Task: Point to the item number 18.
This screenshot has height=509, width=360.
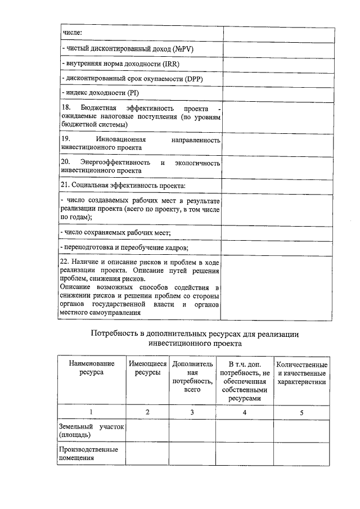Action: (65, 108)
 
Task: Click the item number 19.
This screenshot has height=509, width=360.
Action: (65, 139)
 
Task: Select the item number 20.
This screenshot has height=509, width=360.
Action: (65, 163)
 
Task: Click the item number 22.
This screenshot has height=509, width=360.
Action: (65, 263)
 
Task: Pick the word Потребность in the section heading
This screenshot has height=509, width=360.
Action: (117, 334)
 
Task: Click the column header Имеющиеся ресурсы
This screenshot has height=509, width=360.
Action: (147, 369)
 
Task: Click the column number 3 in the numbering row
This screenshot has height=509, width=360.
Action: (192, 413)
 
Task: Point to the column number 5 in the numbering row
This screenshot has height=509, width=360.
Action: (301, 413)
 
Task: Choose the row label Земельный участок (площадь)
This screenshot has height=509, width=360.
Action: (91, 431)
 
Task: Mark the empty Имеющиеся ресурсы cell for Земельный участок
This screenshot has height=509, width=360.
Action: (147, 431)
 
